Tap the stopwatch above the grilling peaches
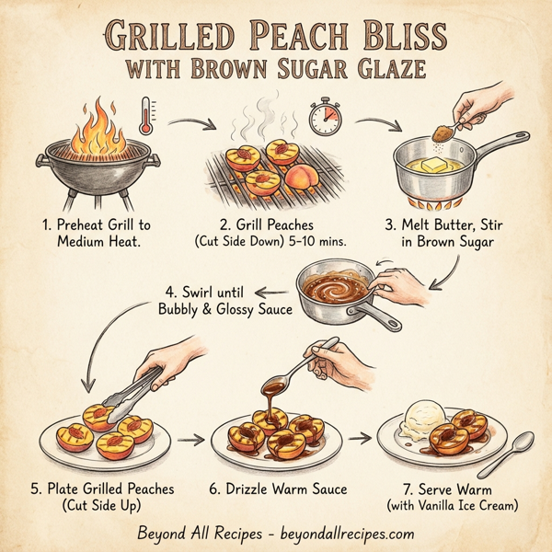click(325, 117)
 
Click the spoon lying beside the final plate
click(517, 450)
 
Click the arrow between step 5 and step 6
click(190, 440)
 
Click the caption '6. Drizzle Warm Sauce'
click(278, 489)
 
